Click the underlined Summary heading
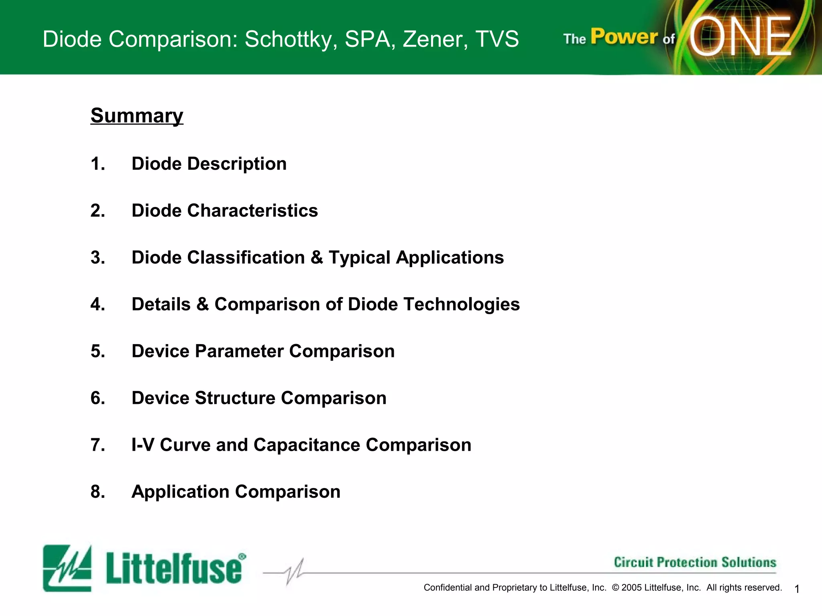tap(137, 116)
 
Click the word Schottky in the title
tap(291, 39)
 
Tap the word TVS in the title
tap(497, 39)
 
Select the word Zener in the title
tap(435, 39)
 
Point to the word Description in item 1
tap(237, 164)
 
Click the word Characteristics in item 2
tap(252, 211)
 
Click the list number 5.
tap(98, 351)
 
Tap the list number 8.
tap(98, 492)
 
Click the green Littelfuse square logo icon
tap(67, 568)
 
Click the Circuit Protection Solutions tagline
tap(695, 562)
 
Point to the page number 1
tap(797, 589)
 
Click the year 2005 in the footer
tap(632, 588)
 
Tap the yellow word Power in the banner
tap(624, 37)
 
